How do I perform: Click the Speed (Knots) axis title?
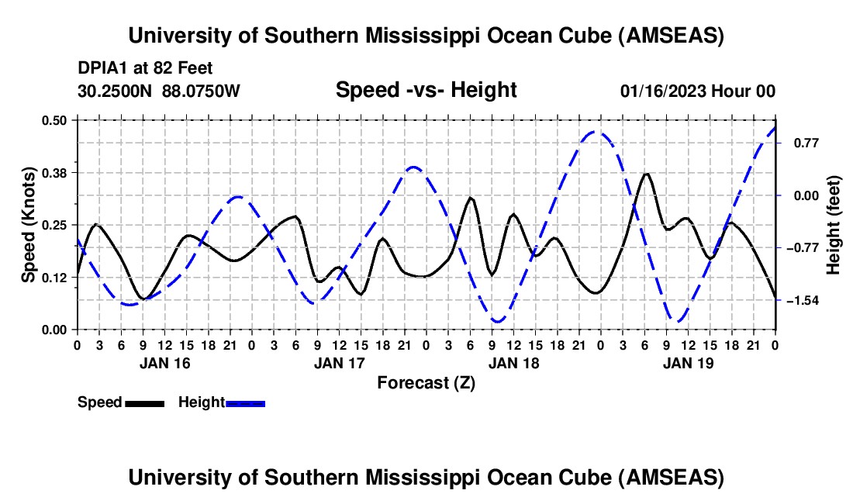(28, 225)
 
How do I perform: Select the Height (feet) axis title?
(834, 225)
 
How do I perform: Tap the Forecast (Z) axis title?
(426, 382)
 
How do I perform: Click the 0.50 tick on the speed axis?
(55, 120)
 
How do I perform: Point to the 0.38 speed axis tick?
(55, 172)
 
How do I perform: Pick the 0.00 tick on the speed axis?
(55, 330)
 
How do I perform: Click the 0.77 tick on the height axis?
(798, 143)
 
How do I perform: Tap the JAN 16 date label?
(164, 362)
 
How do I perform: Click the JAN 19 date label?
(688, 362)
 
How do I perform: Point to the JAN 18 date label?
(513, 362)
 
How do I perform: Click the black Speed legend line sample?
(145, 402)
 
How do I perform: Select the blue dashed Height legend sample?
(246, 402)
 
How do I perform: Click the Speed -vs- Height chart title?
(426, 90)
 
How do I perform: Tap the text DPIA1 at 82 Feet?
(145, 68)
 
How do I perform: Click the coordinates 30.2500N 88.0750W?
(159, 91)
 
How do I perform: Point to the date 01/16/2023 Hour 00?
(697, 91)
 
